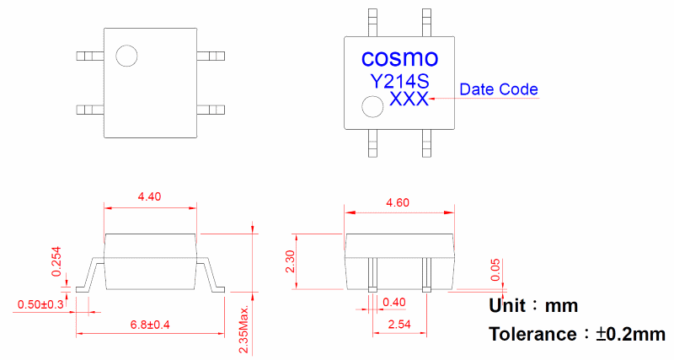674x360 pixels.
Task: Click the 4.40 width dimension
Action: tap(149, 196)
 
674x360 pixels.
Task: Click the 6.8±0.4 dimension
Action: tap(152, 325)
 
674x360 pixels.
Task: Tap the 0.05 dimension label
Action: tap(495, 271)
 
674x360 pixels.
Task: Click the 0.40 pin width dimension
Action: tap(394, 303)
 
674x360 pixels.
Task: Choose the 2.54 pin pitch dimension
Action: tap(399, 325)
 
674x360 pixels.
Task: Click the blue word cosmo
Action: tap(399, 59)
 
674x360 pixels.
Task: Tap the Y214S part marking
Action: tap(399, 82)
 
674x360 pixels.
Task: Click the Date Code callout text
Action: tap(499, 89)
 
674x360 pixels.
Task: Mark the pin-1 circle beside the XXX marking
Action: tap(372, 107)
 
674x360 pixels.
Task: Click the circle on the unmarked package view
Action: tap(126, 56)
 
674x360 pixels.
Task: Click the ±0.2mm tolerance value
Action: tap(630, 334)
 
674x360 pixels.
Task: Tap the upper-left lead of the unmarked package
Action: tap(89, 56)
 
